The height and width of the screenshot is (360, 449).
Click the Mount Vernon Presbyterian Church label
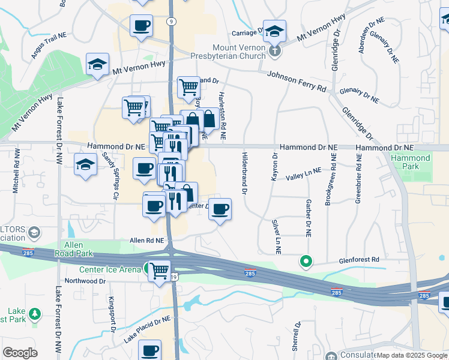coord(238,52)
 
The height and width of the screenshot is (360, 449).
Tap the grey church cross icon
coord(274,51)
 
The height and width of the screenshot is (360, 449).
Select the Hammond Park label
coord(411,163)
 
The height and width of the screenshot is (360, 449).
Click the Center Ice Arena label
coord(110,269)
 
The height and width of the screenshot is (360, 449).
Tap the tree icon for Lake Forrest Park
coord(35,314)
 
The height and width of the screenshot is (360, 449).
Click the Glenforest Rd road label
coord(359,260)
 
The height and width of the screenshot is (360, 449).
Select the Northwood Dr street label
coord(81,281)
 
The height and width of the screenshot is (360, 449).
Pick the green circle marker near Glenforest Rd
coord(306,261)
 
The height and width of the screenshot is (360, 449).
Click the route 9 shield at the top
coord(171,22)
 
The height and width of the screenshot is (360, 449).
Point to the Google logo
coord(20,353)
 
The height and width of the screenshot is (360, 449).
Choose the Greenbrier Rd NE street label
coord(359,179)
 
